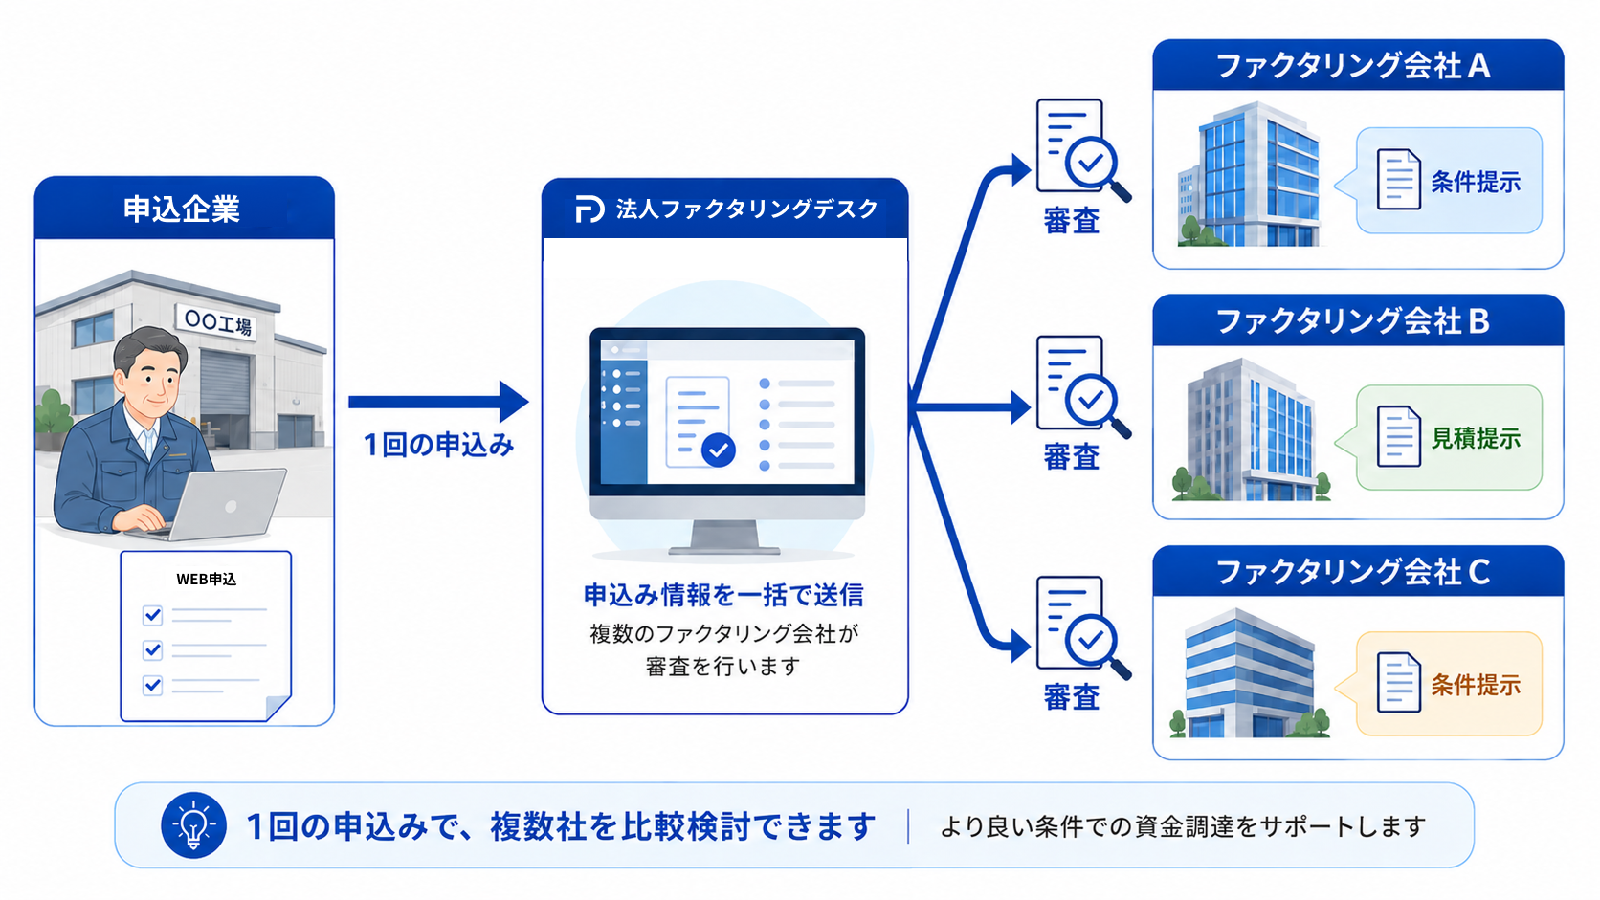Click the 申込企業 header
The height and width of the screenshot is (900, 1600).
(185, 209)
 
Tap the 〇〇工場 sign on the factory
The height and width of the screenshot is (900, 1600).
(216, 322)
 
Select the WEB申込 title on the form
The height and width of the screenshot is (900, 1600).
(206, 579)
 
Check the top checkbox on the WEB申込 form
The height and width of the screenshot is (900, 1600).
(152, 615)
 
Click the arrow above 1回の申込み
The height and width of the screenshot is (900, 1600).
(438, 402)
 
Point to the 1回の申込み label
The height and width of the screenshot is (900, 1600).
(438, 445)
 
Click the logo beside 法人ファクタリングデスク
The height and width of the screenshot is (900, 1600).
(589, 209)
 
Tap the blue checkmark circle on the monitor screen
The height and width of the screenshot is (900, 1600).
(718, 450)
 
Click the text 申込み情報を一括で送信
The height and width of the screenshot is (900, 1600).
(723, 595)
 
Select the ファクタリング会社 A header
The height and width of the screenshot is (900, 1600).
(1358, 66)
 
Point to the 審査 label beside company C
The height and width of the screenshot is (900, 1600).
(1072, 696)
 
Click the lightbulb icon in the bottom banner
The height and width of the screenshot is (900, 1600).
(193, 825)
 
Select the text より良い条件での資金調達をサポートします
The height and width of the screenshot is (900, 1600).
(1183, 826)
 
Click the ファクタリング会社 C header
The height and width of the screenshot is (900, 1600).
(1358, 572)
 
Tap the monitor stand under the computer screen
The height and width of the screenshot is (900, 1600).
(724, 537)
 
